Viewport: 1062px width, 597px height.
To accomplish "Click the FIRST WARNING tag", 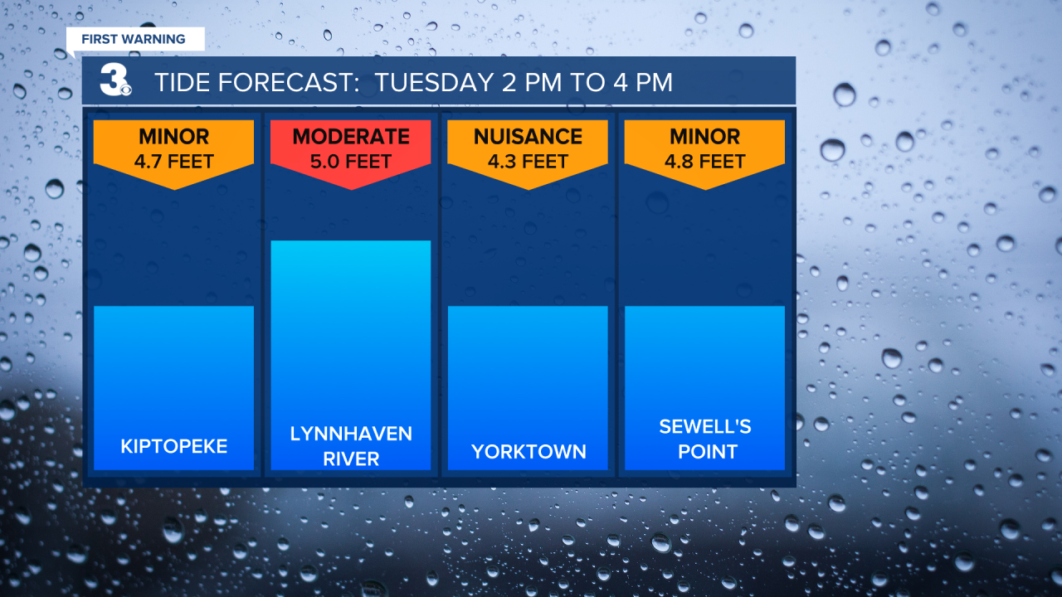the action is click(135, 39).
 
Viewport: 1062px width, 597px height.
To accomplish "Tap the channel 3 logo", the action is click(115, 80).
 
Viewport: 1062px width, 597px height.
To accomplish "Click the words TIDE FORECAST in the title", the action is click(257, 82).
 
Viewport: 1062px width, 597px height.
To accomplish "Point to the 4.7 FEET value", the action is click(174, 162).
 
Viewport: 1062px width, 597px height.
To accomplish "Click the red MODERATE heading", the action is click(351, 137).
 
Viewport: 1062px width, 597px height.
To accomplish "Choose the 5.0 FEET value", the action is click(351, 162).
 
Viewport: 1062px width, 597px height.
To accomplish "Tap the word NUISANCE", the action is click(528, 137).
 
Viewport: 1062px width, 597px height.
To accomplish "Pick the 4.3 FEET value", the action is click(528, 162).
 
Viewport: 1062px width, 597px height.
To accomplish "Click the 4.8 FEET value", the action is click(705, 162).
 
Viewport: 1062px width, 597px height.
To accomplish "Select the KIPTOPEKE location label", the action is click(174, 446).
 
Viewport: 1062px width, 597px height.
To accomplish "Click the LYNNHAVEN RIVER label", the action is click(351, 446).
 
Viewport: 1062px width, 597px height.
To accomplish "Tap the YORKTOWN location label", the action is click(529, 452).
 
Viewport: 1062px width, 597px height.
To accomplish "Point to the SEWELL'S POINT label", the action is click(705, 439).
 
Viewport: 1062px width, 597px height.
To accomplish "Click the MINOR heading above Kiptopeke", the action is click(174, 137).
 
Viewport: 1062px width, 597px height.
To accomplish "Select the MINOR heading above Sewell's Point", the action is click(705, 137).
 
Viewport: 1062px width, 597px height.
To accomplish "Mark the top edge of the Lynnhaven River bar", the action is click(351, 241).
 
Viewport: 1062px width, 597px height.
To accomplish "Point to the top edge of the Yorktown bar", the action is click(528, 307).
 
